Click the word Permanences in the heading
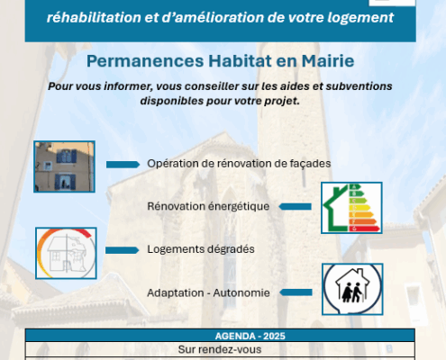tap(145, 61)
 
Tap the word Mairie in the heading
tap(328, 61)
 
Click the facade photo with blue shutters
tap(64, 166)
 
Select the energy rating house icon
tap(351, 208)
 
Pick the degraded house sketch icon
tap(66, 253)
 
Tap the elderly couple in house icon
tap(352, 289)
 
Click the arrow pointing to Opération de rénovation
tap(123, 165)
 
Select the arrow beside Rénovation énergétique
tap(295, 206)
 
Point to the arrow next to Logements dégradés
tap(123, 250)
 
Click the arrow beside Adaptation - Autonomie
tap(296, 292)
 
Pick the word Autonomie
tap(241, 293)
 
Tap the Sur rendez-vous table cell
tap(220, 349)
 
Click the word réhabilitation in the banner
tap(94, 17)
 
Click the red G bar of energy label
tap(364, 229)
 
